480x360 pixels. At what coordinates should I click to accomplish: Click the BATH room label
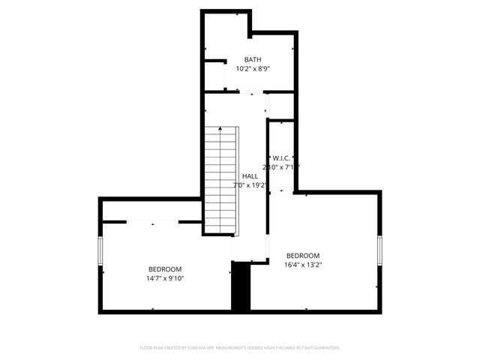tap(253, 60)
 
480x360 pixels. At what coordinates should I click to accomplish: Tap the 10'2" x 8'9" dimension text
tap(253, 68)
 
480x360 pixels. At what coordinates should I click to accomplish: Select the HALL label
tap(250, 176)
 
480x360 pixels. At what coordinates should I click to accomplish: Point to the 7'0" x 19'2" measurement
tap(250, 185)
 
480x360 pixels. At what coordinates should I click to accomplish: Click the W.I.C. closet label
tap(282, 158)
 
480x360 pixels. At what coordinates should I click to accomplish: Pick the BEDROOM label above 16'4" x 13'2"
tap(303, 256)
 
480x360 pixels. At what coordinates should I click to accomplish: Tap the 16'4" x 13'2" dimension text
tap(303, 265)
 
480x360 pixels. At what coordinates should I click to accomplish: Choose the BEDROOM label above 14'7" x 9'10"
tap(164, 269)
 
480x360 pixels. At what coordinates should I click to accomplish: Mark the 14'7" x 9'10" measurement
tap(164, 278)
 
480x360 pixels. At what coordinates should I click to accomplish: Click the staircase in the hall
tap(221, 178)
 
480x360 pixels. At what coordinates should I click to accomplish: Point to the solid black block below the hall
tap(241, 286)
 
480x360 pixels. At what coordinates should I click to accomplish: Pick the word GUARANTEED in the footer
tap(326, 348)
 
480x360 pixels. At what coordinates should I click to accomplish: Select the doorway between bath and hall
tap(251, 92)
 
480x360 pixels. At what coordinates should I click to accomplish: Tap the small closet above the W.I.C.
tap(281, 106)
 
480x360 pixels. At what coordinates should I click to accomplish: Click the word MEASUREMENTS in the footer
tap(239, 348)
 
